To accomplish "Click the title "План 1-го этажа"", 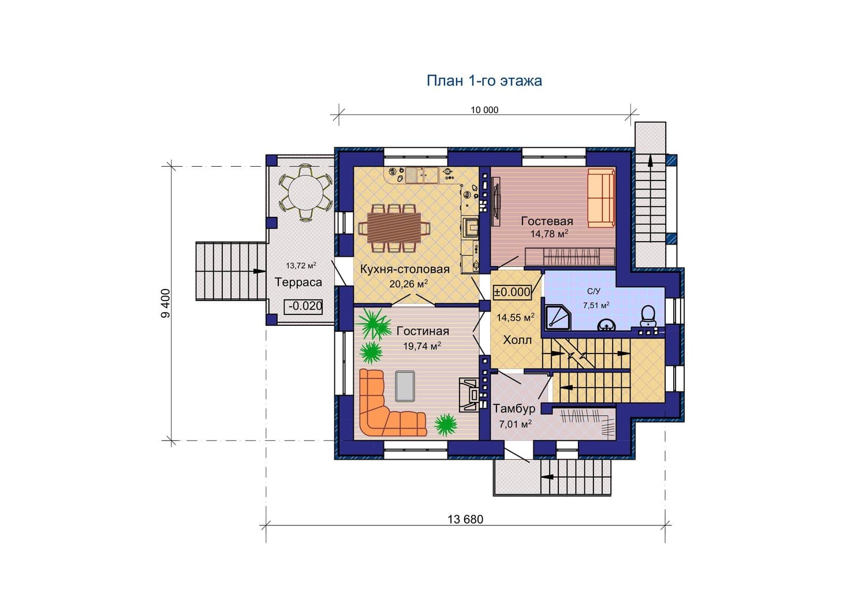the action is pyautogui.click(x=484, y=80).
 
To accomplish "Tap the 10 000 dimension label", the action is pyautogui.click(x=484, y=110).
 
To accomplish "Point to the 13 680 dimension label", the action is pyautogui.click(x=465, y=519).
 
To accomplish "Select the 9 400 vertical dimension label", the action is pyautogui.click(x=165, y=303).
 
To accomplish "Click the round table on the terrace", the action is pyautogui.click(x=306, y=192).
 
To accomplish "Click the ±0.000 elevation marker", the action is pyautogui.click(x=512, y=292).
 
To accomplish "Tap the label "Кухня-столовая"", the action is pyautogui.click(x=405, y=269).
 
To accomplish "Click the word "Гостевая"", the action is pyautogui.click(x=547, y=221).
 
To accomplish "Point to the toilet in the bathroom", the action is pyautogui.click(x=648, y=316).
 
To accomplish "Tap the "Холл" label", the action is pyautogui.click(x=517, y=340).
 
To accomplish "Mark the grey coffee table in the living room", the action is pyautogui.click(x=405, y=386).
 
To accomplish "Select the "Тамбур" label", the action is pyautogui.click(x=514, y=408).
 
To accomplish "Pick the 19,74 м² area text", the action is pyautogui.click(x=422, y=346).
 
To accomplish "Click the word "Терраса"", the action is pyautogui.click(x=298, y=283).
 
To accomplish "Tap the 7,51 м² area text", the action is pyautogui.click(x=596, y=305).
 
